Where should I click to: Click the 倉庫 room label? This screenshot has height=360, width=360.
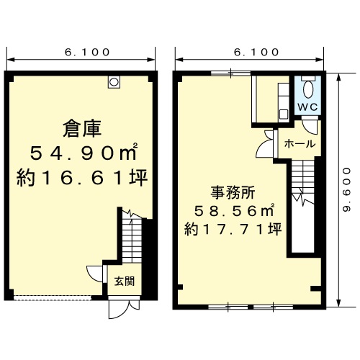[82, 129]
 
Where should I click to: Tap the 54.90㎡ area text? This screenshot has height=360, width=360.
[84, 153]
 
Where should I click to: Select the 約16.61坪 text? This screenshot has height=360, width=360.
[82, 178]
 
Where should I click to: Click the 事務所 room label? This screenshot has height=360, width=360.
[233, 193]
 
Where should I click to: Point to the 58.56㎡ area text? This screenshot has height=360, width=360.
[234, 210]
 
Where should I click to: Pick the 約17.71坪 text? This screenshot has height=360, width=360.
[233, 229]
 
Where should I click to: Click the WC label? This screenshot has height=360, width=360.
[307, 107]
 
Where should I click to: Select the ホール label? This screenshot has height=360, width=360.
[300, 144]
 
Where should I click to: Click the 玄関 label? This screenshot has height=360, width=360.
[124, 281]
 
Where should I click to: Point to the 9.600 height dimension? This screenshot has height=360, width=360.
[347, 190]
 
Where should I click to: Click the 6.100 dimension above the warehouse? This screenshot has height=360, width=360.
[87, 52]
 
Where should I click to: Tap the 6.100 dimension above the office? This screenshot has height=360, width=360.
[256, 52]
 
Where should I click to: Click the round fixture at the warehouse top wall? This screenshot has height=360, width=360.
[114, 82]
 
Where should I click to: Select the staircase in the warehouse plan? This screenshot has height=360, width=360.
[132, 237]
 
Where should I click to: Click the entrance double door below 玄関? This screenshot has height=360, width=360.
[124, 307]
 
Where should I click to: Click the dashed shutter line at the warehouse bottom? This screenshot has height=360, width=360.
[53, 298]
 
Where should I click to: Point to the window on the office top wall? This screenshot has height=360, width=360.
[231, 73]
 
